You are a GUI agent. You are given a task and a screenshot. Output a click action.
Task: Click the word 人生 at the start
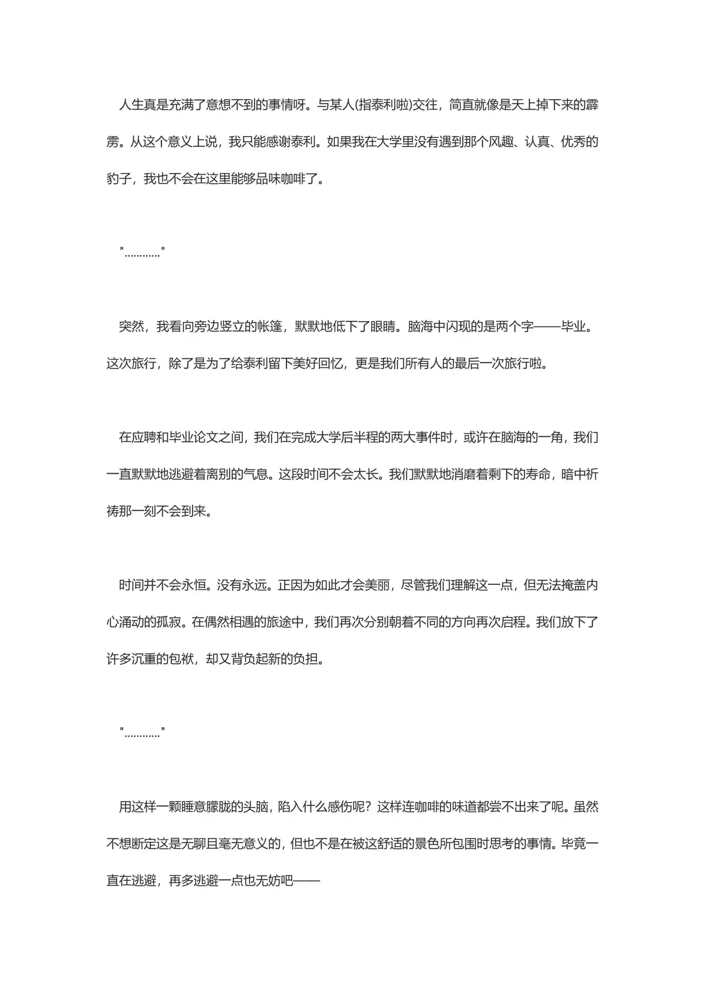click(x=132, y=105)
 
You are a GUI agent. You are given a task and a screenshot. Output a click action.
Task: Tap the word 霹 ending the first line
click(x=592, y=105)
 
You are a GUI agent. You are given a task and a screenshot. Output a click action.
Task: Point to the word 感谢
click(x=280, y=142)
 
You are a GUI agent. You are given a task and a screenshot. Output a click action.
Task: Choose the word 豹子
click(x=119, y=179)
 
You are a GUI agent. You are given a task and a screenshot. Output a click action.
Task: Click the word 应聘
click(x=144, y=437)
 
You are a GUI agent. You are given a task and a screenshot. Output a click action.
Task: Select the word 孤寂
click(x=169, y=622)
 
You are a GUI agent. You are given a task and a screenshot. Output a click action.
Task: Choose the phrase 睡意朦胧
click(x=206, y=806)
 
